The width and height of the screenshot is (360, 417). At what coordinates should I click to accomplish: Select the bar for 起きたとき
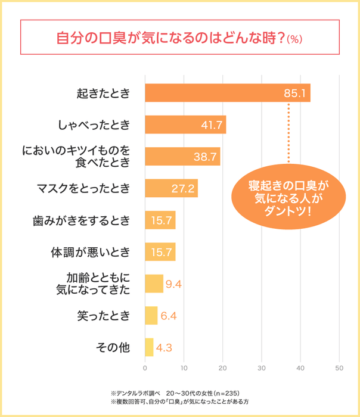[226, 94]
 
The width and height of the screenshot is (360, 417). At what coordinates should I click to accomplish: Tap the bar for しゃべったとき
[185, 125]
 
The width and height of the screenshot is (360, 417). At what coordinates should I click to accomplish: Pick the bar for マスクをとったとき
[171, 189]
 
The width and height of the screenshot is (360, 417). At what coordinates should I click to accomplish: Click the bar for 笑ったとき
[151, 315]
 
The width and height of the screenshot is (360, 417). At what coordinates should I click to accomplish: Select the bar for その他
[149, 347]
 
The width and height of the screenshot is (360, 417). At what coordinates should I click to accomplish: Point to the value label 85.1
[294, 94]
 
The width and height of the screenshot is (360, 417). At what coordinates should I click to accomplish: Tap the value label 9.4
[173, 284]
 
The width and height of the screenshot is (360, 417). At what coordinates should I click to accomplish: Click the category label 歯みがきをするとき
[80, 220]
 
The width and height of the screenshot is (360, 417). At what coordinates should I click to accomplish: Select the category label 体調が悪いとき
[89, 252]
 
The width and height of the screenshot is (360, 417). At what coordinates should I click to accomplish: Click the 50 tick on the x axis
[339, 368]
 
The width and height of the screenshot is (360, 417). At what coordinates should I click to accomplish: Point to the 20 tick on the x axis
[222, 368]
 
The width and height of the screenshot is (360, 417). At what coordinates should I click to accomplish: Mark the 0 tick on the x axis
[145, 368]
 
